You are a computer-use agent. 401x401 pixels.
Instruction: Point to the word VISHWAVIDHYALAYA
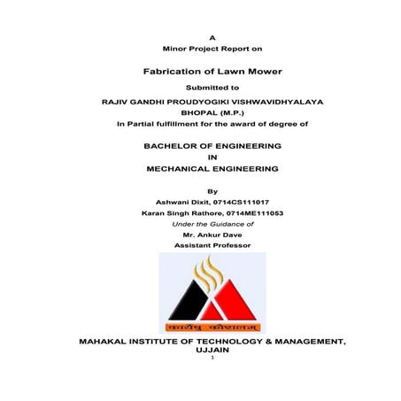(266, 102)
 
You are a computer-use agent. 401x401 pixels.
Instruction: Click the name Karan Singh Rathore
(174, 213)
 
